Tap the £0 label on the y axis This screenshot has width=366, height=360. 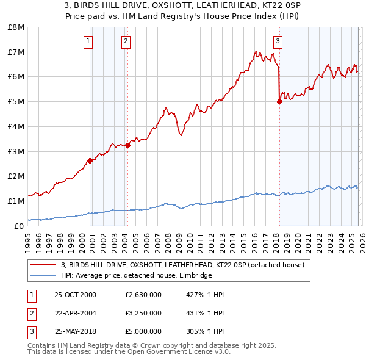click(x=20, y=226)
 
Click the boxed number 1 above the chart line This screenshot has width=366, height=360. click(x=88, y=41)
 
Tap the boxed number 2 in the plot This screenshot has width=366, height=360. click(x=126, y=41)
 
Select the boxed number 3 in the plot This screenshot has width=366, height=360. click(x=278, y=41)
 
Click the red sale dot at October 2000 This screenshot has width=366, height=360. click(x=90, y=160)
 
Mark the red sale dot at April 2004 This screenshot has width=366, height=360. click(x=128, y=145)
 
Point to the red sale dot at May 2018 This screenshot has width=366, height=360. click(x=279, y=102)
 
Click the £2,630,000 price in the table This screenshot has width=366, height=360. click(x=143, y=295)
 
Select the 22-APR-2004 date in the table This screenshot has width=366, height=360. click(x=75, y=313)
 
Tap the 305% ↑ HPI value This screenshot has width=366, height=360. click(x=204, y=331)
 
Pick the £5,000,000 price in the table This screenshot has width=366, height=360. click(x=143, y=331)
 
